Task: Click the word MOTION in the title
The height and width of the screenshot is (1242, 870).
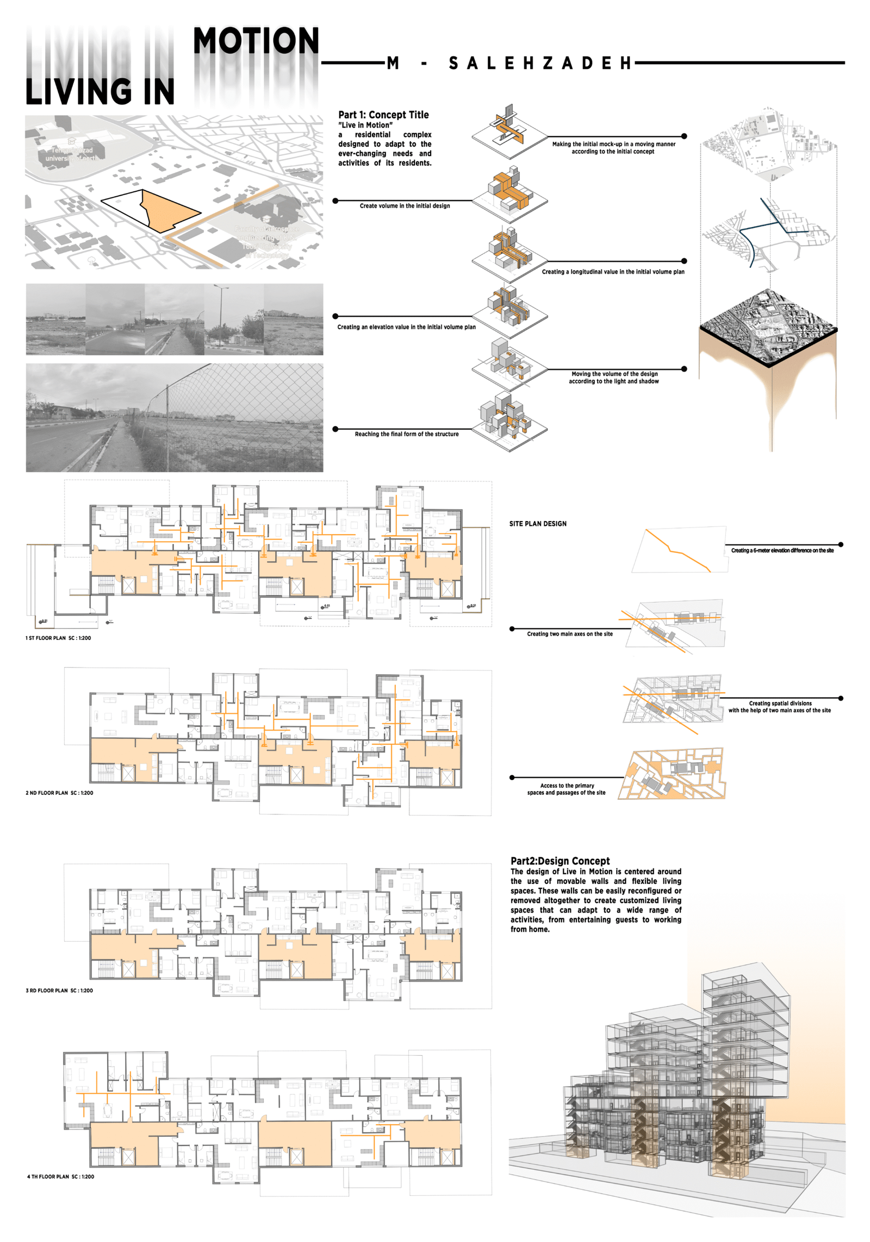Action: tap(256, 41)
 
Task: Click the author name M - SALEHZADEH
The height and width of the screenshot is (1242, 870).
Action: tap(509, 63)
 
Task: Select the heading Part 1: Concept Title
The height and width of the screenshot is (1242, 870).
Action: tap(383, 115)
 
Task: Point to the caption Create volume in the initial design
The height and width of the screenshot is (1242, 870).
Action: tap(405, 206)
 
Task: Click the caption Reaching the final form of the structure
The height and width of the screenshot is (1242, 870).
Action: tap(406, 434)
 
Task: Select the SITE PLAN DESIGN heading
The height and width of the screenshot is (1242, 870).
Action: tap(537, 524)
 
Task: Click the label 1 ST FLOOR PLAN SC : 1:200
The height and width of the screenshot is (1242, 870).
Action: tap(58, 638)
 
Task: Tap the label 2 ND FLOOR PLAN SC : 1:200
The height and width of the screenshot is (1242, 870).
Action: tap(59, 793)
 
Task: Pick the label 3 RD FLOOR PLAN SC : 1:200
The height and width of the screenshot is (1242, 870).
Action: tap(59, 990)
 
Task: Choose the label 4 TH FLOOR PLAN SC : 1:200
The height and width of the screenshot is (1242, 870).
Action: tap(60, 1176)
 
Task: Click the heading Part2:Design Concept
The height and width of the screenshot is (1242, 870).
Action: tap(560, 861)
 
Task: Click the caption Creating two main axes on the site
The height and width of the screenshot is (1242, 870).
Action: tap(569, 634)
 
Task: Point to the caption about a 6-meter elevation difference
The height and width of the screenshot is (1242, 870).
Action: tap(782, 550)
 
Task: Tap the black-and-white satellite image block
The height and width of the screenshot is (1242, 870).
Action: tap(768, 326)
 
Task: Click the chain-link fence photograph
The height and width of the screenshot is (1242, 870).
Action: tap(174, 417)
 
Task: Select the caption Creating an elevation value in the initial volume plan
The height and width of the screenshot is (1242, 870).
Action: tap(406, 327)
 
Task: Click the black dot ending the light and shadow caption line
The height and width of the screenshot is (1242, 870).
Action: tap(683, 369)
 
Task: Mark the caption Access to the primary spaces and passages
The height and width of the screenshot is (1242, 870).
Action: tap(566, 789)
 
